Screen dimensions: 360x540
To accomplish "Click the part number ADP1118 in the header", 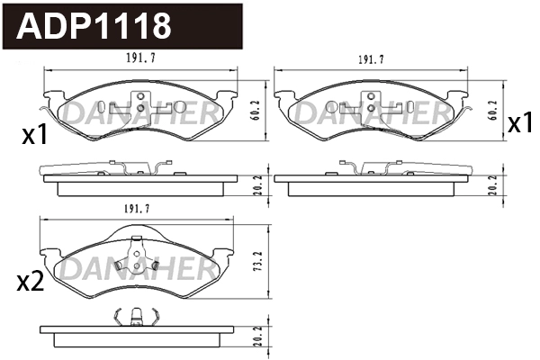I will point(95,25).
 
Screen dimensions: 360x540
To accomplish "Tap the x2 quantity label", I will point(31,282).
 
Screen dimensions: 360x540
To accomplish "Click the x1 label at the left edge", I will point(33,136).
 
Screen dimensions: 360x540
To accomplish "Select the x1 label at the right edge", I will point(520,124).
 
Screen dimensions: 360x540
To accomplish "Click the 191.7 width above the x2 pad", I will point(136,210).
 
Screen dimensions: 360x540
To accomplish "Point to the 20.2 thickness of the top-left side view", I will point(256,184).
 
